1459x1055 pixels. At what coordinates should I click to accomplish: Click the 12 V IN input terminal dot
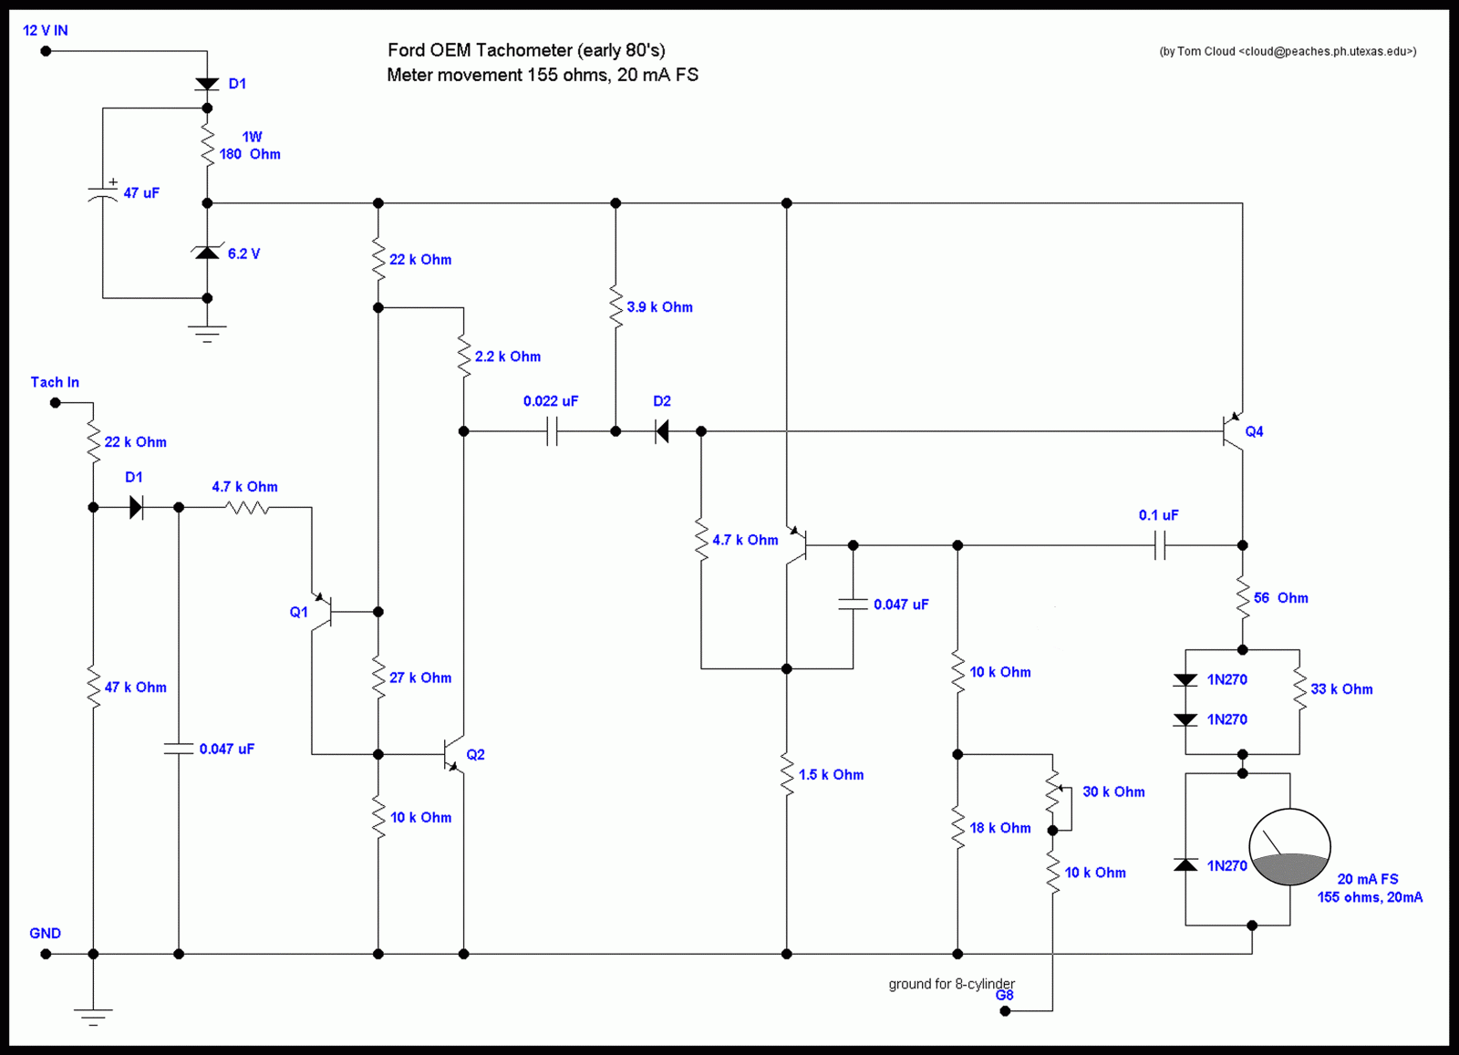click(46, 51)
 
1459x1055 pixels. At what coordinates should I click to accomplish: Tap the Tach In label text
click(55, 382)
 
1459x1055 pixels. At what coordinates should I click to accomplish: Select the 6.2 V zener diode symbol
click(207, 252)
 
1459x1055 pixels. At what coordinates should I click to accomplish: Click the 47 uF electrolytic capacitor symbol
click(103, 193)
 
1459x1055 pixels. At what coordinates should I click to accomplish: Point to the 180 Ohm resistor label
click(250, 154)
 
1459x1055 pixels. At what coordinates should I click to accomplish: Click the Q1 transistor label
click(298, 612)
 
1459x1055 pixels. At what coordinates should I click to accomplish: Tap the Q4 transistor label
click(1254, 432)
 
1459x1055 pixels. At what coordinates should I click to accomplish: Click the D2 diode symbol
click(662, 431)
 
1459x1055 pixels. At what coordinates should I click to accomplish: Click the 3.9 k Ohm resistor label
click(659, 307)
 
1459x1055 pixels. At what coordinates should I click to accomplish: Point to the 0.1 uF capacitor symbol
click(1159, 545)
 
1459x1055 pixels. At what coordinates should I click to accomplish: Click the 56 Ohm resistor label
click(1280, 598)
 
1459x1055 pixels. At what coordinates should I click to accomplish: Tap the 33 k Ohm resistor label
click(1341, 689)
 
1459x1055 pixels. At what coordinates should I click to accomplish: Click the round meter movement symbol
click(1289, 846)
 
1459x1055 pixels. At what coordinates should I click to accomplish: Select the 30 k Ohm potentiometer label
click(1113, 791)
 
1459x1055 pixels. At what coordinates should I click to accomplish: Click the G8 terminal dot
click(1005, 1010)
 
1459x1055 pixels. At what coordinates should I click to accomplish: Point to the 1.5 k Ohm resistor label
click(831, 775)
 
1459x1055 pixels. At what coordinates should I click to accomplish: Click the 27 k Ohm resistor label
click(420, 677)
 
